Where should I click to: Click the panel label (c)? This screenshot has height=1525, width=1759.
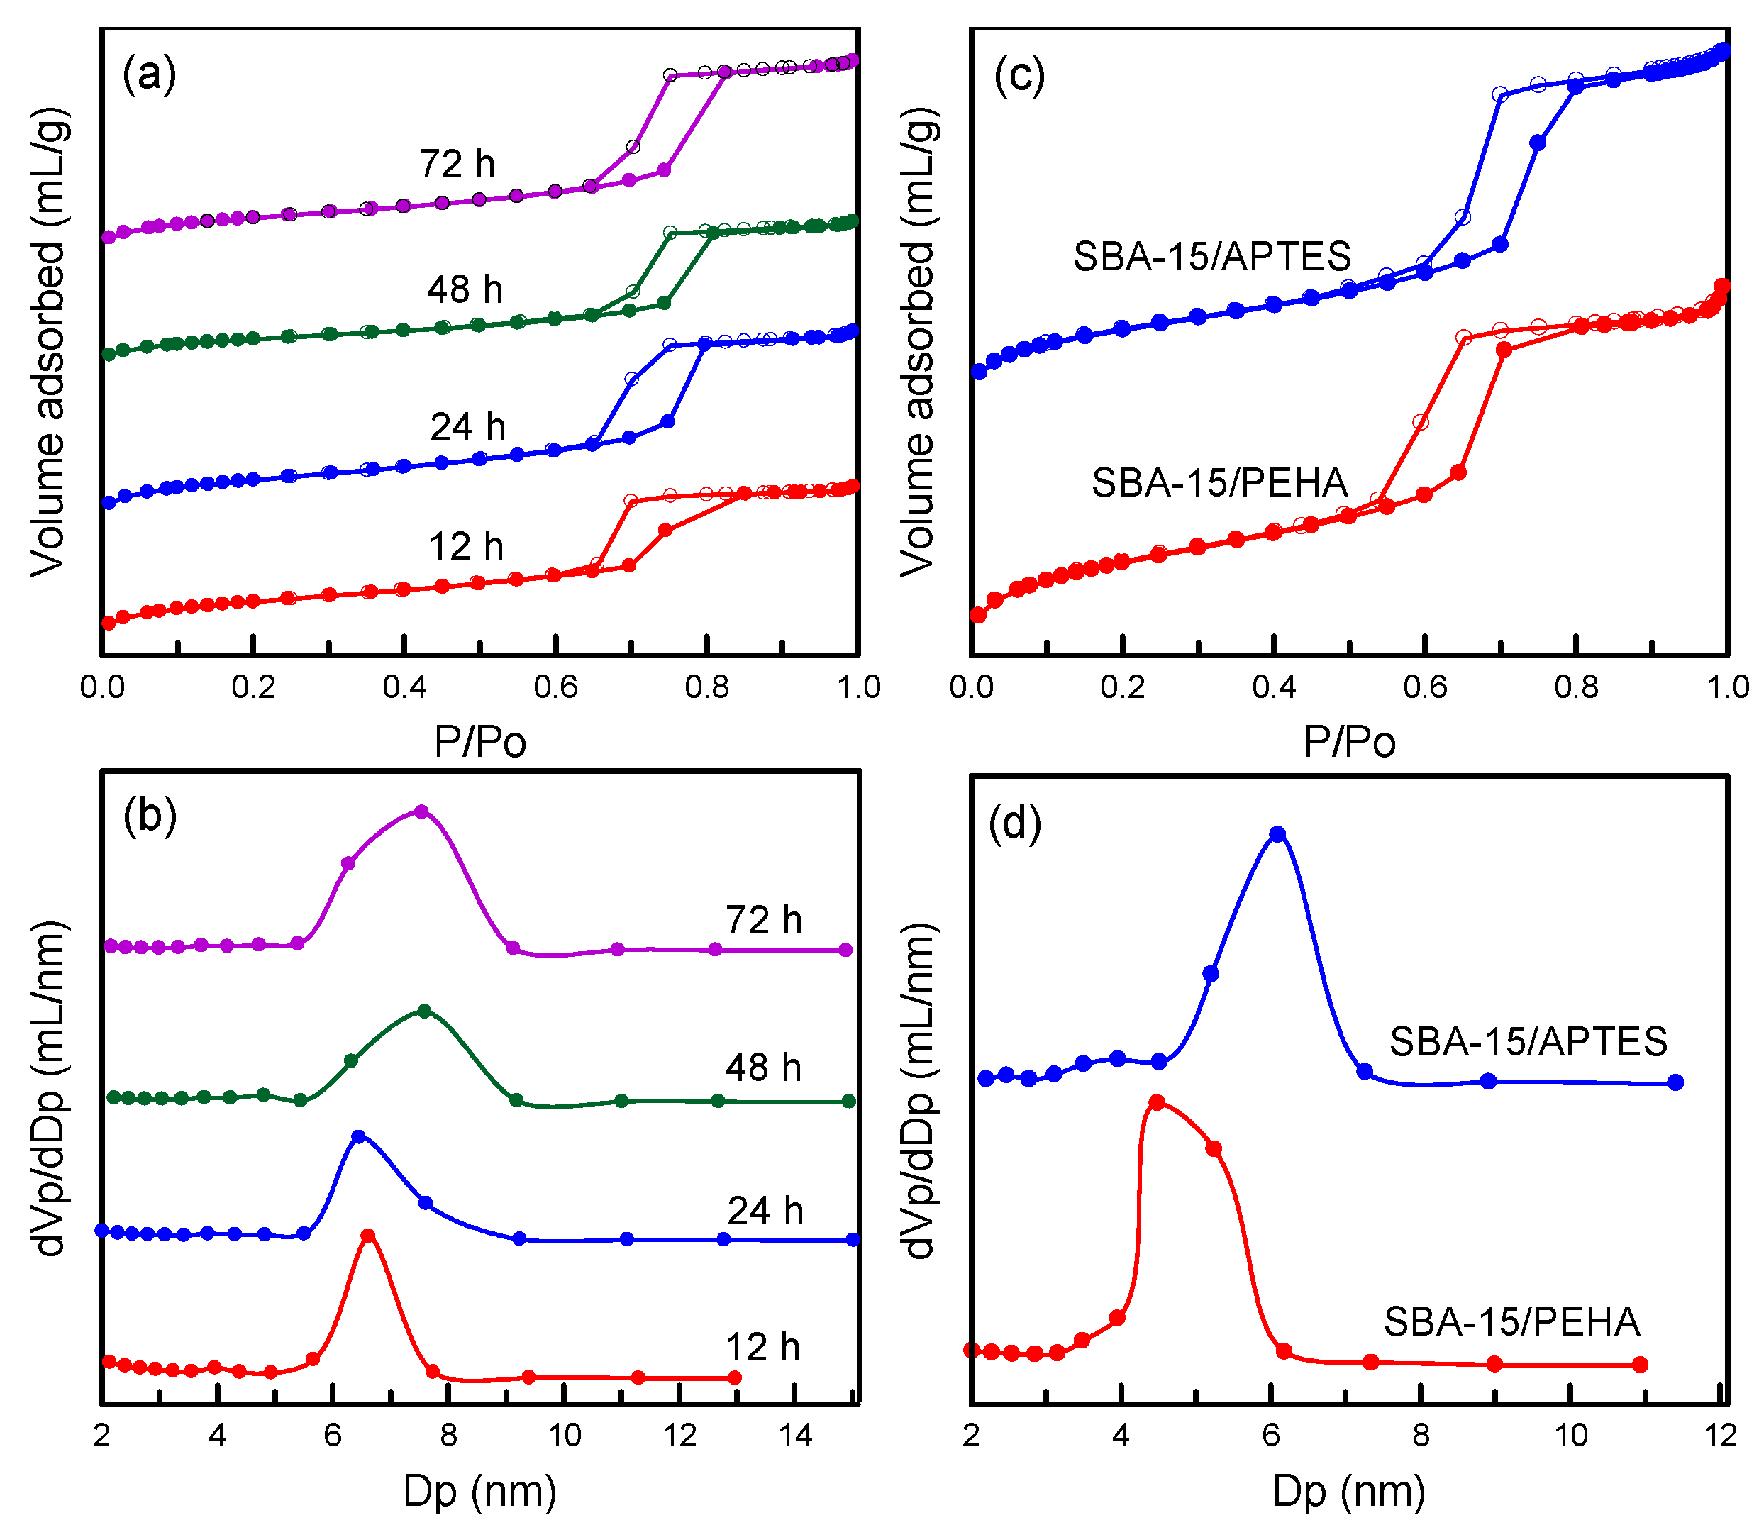coord(1019,76)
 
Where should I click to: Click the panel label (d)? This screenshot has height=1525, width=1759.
coord(1014,823)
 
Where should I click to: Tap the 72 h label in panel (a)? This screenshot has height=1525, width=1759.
coord(457,163)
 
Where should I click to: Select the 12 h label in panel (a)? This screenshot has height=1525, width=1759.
coord(465,546)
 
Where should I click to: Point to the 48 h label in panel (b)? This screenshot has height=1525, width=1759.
coord(763,1067)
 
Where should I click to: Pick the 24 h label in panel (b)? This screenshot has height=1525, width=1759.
coord(765,1210)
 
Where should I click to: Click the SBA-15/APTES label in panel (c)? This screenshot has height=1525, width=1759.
coord(1212,256)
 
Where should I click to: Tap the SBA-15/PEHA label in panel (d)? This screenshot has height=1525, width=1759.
coord(1511,1321)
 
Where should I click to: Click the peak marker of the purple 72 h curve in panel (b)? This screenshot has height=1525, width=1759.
coord(421,812)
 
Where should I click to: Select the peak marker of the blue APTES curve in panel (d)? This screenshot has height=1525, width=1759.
coord(1277,834)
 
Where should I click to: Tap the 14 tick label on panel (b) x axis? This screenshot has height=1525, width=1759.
coord(795,1436)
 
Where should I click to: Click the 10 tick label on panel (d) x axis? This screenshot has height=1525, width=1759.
coord(1571,1436)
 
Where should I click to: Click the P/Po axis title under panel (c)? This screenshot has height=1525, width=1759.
coord(1350,742)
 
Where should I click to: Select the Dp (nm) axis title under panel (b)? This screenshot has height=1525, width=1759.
coord(480,1491)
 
